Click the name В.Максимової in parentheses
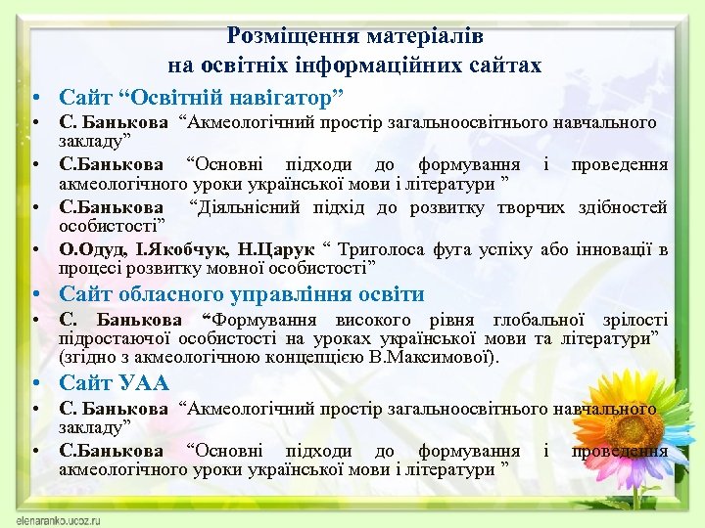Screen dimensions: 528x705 point(445,357)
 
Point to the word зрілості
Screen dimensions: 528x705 point(635,320)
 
